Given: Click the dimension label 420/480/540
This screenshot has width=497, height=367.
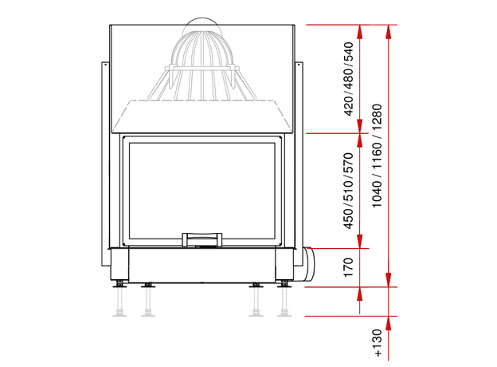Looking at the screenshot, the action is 348,79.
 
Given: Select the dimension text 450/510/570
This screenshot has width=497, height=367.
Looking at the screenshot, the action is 348,191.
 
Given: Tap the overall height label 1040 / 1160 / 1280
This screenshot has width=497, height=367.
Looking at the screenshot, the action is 378,156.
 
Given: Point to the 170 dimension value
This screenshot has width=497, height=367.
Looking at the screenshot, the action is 348,267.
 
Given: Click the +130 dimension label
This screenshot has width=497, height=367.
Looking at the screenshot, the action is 378,343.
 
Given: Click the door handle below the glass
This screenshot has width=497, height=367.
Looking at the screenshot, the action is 202,239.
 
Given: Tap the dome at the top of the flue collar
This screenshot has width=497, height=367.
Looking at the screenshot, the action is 202,25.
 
